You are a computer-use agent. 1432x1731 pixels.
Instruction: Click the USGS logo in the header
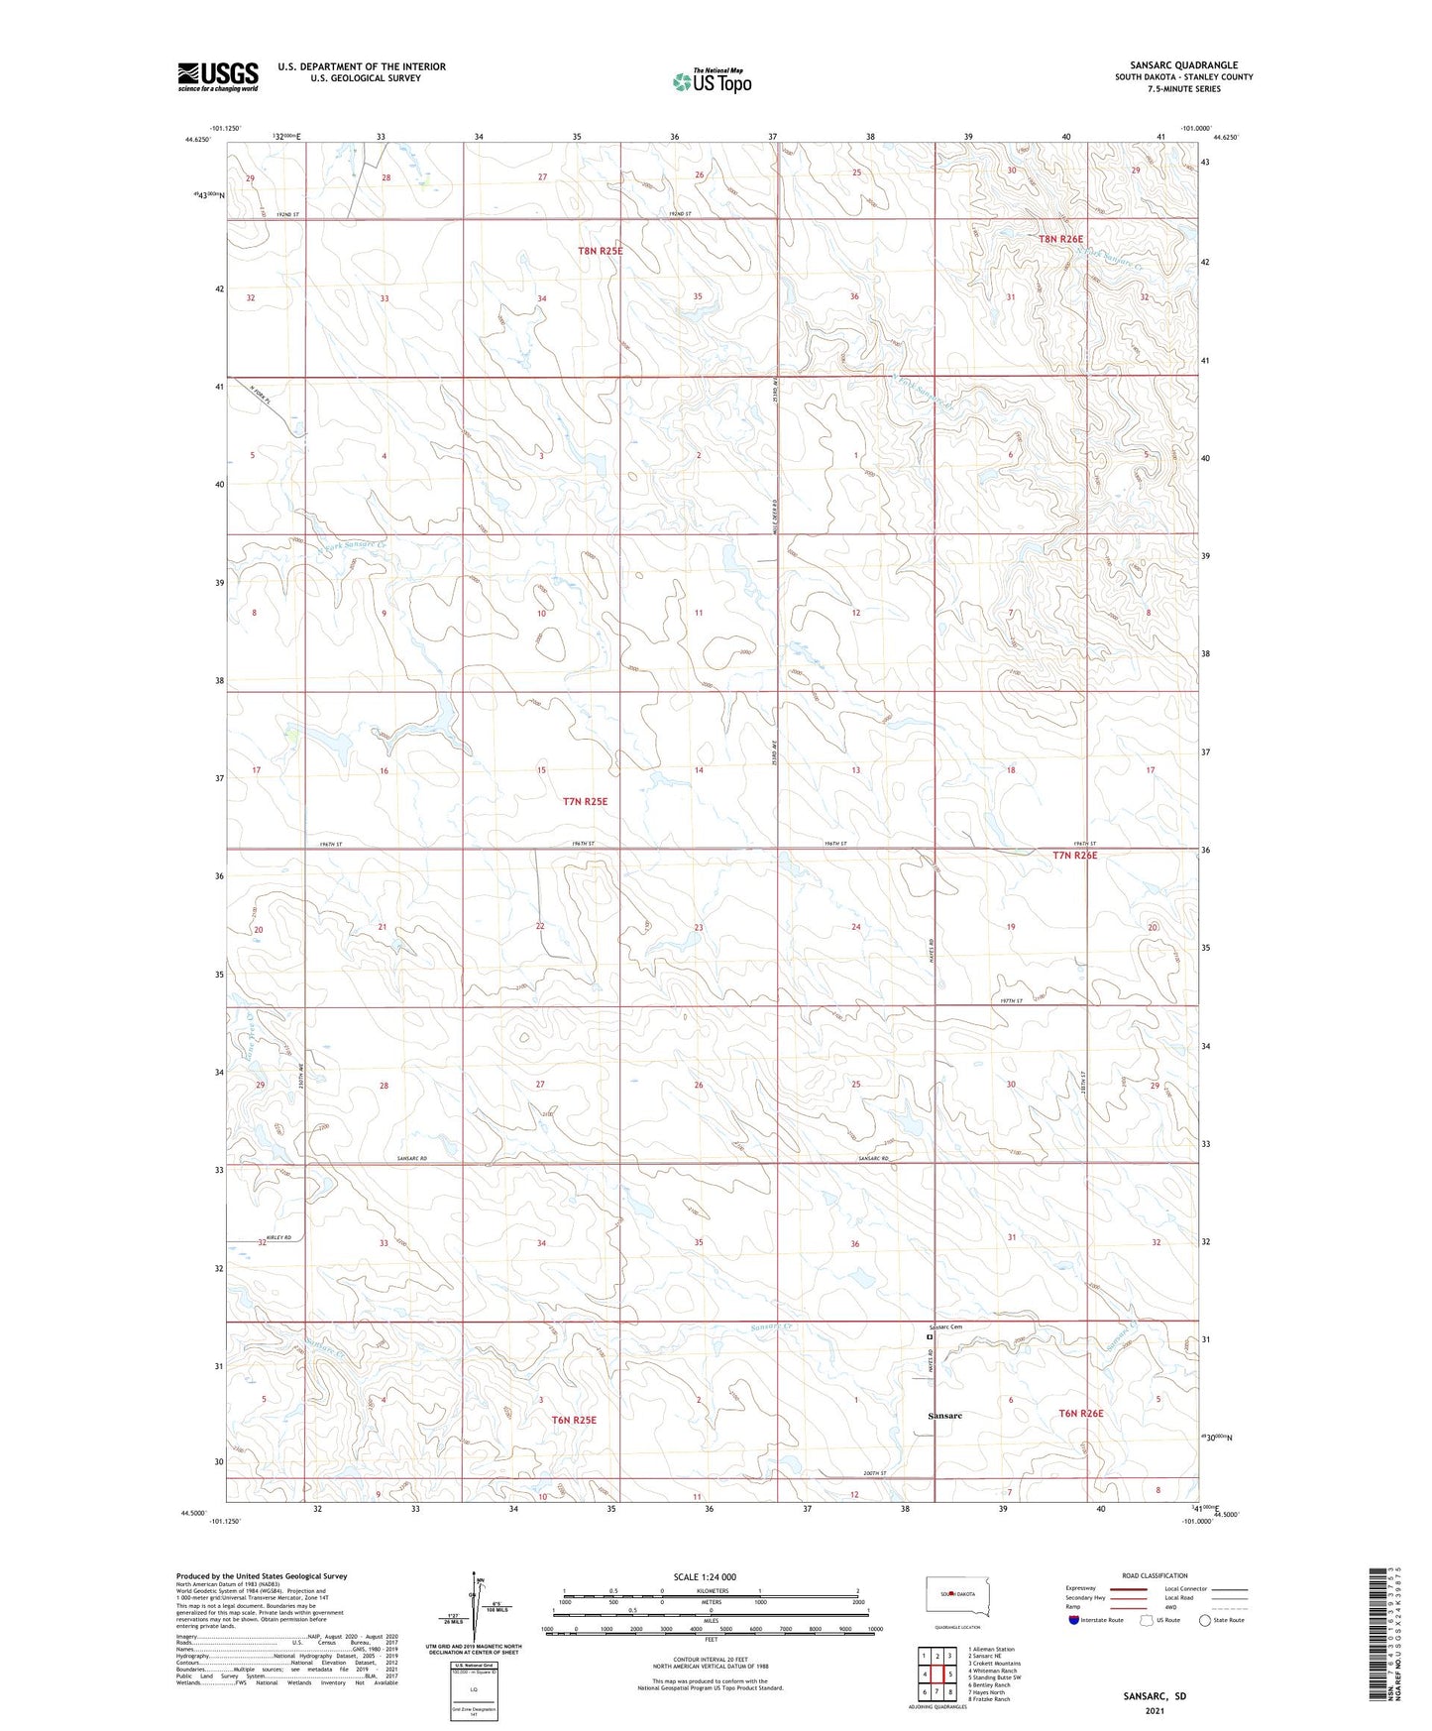click(217, 76)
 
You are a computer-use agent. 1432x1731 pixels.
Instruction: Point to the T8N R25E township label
click(601, 251)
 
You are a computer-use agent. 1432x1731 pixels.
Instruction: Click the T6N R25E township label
click(574, 1420)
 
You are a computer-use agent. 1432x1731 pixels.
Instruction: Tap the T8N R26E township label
click(1060, 239)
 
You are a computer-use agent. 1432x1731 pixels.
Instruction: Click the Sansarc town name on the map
click(944, 1416)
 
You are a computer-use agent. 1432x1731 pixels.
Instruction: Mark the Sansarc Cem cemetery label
click(945, 1327)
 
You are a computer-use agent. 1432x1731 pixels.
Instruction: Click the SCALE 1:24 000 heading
click(705, 1577)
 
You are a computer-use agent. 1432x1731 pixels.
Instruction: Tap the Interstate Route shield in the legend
click(1074, 1620)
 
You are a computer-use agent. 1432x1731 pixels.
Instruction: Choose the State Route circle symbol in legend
click(1205, 1620)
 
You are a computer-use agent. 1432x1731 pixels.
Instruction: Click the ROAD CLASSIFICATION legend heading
click(1155, 1575)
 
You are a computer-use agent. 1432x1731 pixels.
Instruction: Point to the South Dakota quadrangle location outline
click(956, 1594)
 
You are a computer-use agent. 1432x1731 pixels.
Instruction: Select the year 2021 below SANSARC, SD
click(1155, 1711)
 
